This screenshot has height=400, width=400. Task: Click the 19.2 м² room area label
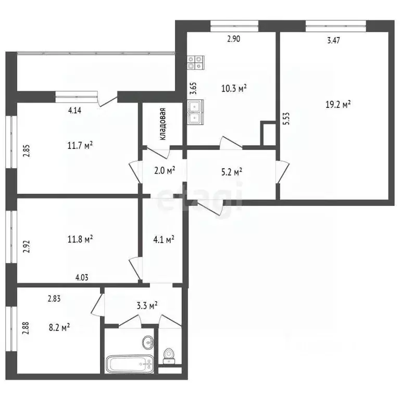click(338, 104)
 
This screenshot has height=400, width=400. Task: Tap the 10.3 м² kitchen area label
click(234, 89)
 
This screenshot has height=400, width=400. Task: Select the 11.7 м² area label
click(80, 145)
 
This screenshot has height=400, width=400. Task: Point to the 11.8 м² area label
click(80, 239)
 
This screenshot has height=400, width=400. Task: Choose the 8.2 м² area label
click(58, 327)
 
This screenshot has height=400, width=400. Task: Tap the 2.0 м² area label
click(164, 170)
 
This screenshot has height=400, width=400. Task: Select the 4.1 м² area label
click(163, 240)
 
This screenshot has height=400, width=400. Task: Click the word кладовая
click(163, 124)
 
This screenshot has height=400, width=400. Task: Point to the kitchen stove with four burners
click(195, 63)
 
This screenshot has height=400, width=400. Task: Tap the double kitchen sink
click(195, 113)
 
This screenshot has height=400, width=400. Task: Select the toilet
click(169, 356)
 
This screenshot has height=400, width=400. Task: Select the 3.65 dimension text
click(193, 88)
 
